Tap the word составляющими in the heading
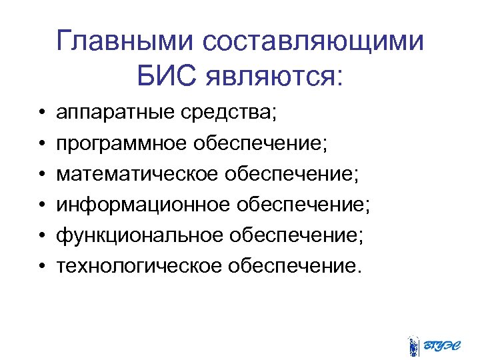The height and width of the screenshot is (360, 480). pos(314,42)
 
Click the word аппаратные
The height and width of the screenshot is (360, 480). pos(111,112)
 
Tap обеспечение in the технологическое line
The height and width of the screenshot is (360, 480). pos(299,266)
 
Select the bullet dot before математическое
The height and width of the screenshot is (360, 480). pos(41,175)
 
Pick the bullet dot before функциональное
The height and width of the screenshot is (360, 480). pos(41,236)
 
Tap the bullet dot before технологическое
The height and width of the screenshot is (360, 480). pos(41,267)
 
